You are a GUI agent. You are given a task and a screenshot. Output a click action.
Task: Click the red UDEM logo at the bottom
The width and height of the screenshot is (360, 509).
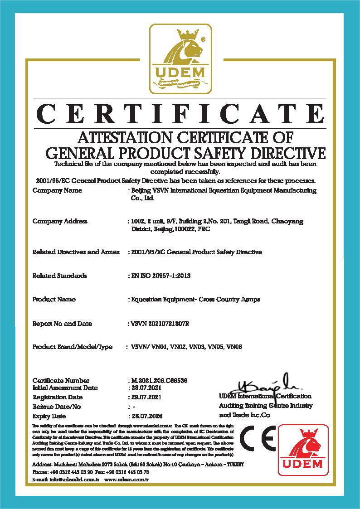pos(303,450)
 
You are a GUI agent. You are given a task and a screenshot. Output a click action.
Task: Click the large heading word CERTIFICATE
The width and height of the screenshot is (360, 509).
pos(180,114)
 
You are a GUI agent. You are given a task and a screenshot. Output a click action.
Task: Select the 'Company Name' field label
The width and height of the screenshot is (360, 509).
pos(57,191)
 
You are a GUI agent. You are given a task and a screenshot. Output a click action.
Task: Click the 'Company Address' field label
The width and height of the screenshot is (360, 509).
pos(60,222)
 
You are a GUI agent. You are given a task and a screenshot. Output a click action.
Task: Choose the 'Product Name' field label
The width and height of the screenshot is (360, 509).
pos(54,300)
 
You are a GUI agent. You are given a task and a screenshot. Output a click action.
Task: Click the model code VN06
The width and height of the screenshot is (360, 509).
pos(235,347)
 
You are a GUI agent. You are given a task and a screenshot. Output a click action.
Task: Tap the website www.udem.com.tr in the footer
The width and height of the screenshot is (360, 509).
pos(126,479)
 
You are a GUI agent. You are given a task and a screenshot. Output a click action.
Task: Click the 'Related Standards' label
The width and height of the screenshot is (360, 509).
pos(59,276)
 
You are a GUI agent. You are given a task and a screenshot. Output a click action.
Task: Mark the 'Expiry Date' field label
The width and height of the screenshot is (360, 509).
pos(49,416)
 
